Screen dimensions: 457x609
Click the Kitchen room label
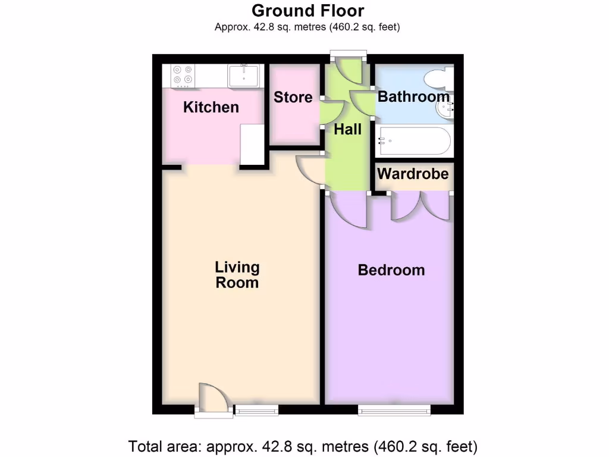click(211, 107)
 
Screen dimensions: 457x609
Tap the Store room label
click(293, 97)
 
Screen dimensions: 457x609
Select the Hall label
click(347, 129)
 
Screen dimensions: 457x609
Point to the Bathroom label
click(413, 96)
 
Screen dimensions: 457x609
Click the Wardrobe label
click(413, 174)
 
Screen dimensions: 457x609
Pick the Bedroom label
click(391, 270)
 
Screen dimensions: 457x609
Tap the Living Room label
click(237, 274)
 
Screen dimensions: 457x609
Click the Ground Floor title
click(307, 11)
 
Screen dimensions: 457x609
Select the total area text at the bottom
click(303, 446)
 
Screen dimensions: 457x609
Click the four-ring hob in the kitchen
click(183, 75)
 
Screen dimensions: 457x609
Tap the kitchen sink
click(243, 76)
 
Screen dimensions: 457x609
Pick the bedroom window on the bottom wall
click(394, 409)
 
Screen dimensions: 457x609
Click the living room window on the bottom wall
click(256, 409)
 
